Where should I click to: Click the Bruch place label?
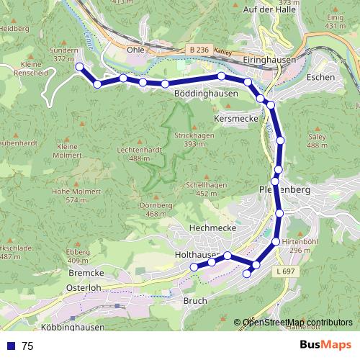pyautogui.click(x=195, y=301)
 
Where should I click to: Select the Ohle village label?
pyautogui.click(x=135, y=50)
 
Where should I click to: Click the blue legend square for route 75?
pyautogui.click(x=12, y=346)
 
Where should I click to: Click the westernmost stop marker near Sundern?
pyautogui.click(x=80, y=68)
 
